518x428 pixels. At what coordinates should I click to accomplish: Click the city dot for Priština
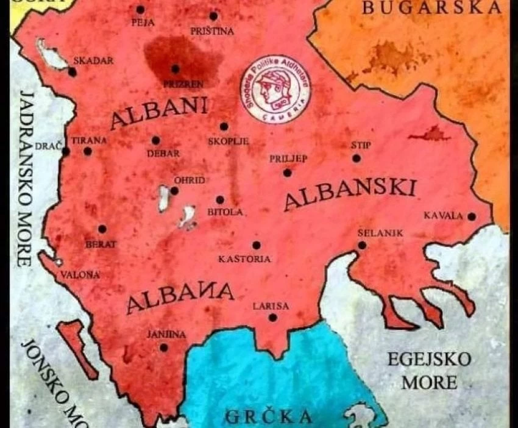pos(213,16)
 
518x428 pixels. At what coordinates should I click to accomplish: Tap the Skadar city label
pos(93,61)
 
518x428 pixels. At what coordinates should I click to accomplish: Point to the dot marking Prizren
pos(176,69)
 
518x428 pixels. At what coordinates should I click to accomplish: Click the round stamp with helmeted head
pos(274,88)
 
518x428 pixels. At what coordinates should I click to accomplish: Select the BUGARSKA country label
pos(431,8)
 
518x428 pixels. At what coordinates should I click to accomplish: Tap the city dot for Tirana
pos(88,151)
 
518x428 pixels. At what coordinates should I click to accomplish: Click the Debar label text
pos(163,154)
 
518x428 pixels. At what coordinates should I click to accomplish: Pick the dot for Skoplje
pos(224,127)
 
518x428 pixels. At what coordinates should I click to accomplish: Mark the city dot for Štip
pos(357,159)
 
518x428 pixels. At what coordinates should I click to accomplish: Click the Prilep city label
pos(288,159)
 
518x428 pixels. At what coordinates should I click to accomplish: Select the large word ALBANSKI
pos(350,193)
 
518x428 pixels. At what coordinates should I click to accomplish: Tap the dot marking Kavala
pos(471,216)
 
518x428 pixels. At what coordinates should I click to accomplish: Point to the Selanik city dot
pos(363,245)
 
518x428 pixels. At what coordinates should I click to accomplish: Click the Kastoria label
pos(244,259)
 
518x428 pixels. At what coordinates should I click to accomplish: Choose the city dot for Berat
pos(102,229)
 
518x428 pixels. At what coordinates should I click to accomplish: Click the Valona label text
pos(80,274)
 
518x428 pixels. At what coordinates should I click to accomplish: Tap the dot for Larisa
pos(272,318)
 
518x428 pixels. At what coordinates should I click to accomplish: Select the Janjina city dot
pos(163,348)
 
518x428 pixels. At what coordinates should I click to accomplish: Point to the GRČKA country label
pos(269,417)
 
